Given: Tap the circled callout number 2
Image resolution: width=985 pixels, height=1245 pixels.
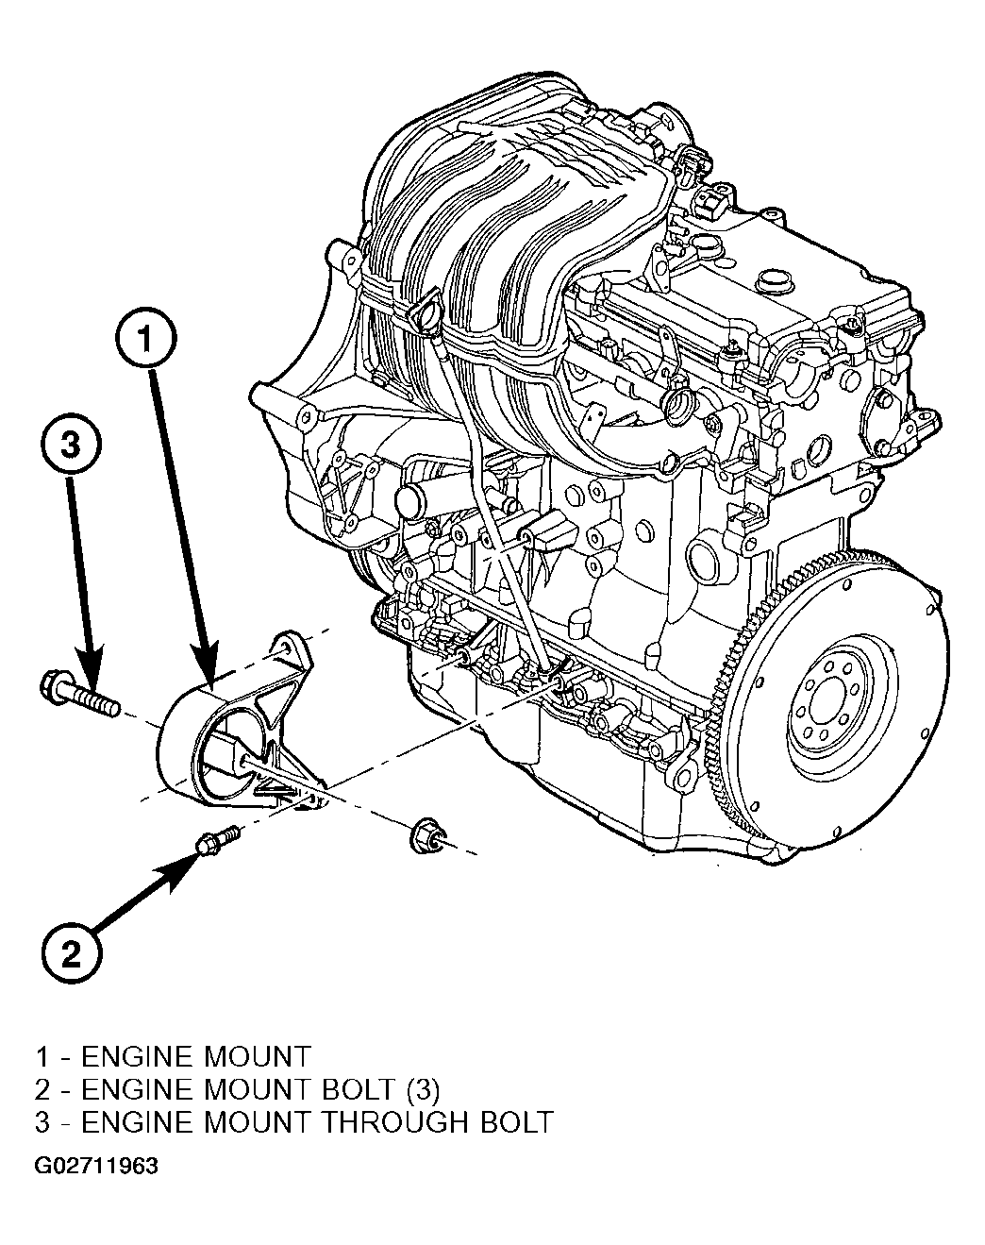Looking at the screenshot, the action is (x=71, y=952).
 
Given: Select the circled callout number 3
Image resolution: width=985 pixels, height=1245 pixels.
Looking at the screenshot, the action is (x=71, y=446).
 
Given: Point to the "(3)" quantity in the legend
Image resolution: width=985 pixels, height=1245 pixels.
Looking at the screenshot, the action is (x=423, y=1090).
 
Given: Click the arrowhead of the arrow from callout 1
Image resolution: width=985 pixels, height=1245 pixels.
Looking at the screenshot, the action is (x=206, y=668).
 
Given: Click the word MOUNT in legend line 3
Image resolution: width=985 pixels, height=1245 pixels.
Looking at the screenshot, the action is (x=257, y=1122).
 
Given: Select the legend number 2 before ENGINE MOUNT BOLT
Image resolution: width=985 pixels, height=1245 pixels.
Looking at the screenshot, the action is (x=43, y=1090).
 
